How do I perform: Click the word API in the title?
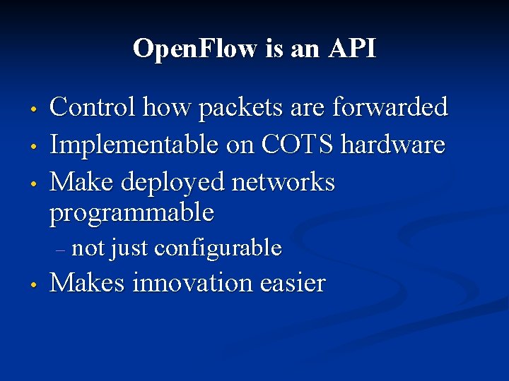tap(351, 49)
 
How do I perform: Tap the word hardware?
tap(393, 145)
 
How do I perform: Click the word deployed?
tap(175, 183)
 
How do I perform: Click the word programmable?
tap(131, 212)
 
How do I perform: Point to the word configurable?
tap(218, 248)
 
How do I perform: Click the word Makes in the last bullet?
tap(88, 283)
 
